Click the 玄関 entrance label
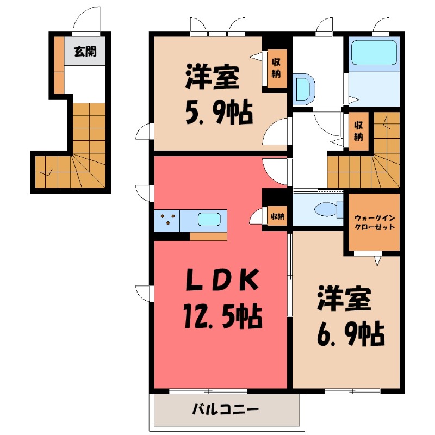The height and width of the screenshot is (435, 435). point(85,52)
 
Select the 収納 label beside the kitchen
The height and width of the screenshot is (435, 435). point(276,217)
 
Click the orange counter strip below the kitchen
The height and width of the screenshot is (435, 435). point(208,236)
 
